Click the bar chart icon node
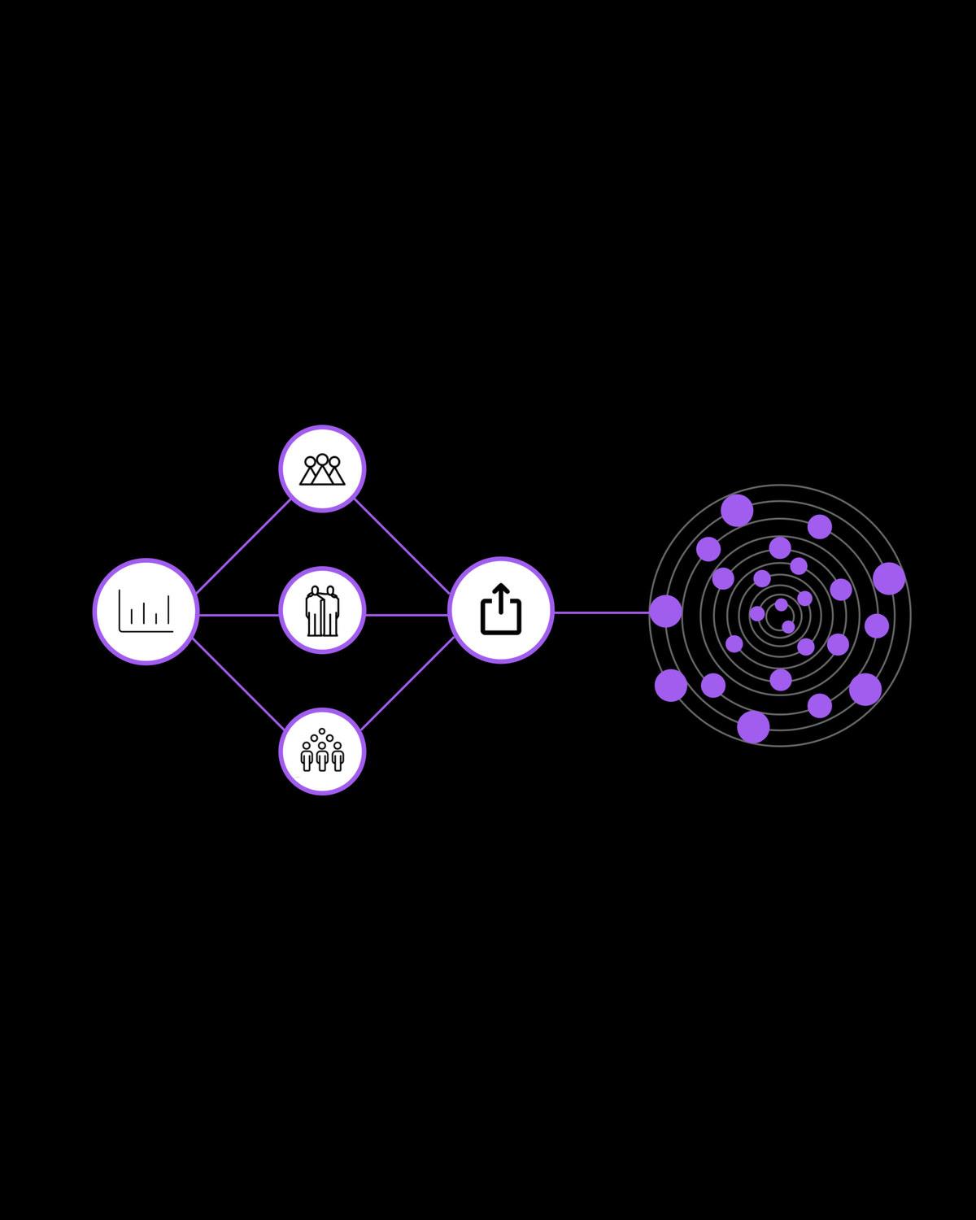click(146, 611)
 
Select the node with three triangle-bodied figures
click(322, 468)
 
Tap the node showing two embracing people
click(322, 611)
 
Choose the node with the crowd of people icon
click(322, 752)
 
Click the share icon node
click(501, 610)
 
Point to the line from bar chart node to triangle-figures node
click(242, 546)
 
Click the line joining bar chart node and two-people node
click(238, 615)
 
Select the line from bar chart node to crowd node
click(237, 684)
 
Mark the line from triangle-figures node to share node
click(402, 546)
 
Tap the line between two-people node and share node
click(407, 615)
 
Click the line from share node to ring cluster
click(602, 612)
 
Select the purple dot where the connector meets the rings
click(665, 611)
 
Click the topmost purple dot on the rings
click(737, 511)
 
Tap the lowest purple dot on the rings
click(753, 726)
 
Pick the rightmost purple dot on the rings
click(889, 578)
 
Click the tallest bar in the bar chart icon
click(168, 610)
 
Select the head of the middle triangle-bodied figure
click(322, 460)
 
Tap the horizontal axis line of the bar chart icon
click(146, 630)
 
